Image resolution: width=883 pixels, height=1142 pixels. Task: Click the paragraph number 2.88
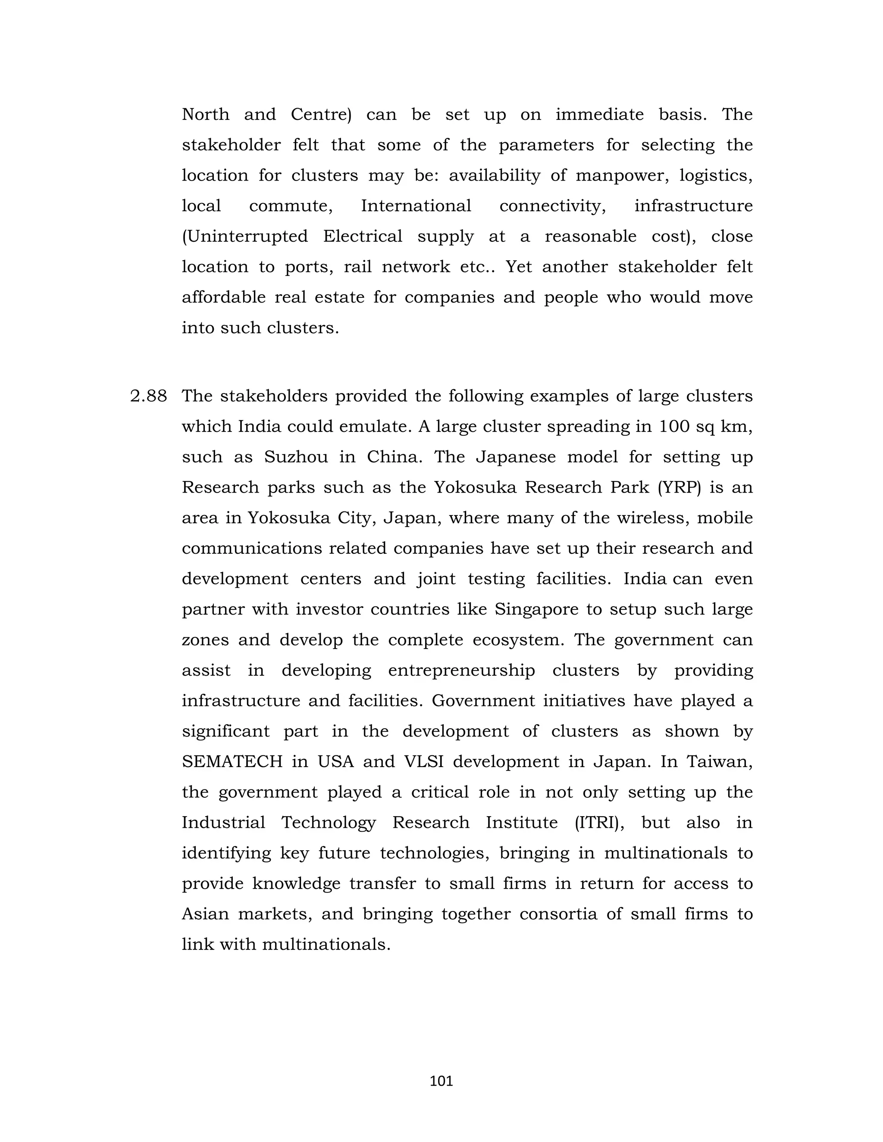click(x=149, y=396)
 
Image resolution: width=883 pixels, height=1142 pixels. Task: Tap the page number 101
click(x=441, y=1081)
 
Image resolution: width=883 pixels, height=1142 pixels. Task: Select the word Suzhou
click(x=296, y=457)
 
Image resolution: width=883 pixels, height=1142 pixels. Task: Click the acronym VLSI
click(x=424, y=762)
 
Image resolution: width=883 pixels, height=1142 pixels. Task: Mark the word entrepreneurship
click(x=461, y=671)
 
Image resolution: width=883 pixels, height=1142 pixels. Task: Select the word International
click(x=416, y=206)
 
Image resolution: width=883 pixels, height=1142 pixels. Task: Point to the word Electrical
click(x=363, y=236)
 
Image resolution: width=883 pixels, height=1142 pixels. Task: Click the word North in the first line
click(x=206, y=114)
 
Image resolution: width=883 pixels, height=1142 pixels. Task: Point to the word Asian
click(x=205, y=914)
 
